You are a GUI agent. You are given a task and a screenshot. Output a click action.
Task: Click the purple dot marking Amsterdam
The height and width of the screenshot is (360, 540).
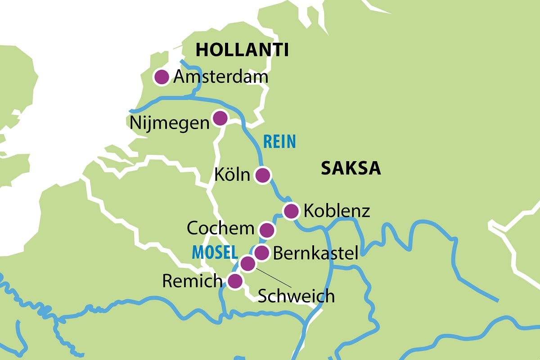coord(161,77)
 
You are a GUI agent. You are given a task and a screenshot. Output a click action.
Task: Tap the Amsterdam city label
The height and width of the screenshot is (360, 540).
coord(220,77)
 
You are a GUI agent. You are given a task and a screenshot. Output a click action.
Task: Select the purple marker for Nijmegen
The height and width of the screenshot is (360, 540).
coord(220,118)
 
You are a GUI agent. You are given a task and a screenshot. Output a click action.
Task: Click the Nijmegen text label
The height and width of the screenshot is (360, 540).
coord(170,123)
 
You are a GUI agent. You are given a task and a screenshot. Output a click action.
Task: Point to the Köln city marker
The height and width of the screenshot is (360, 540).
coord(262,175)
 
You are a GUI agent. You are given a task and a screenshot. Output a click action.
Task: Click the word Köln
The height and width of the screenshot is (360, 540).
coord(232,175)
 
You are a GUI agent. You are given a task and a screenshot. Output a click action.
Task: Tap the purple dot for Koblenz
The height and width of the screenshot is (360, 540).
coord(291,210)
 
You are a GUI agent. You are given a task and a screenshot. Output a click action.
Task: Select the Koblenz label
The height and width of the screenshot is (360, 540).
coord(337,211)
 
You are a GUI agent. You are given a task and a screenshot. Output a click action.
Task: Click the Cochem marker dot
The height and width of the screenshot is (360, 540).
coord(267,230)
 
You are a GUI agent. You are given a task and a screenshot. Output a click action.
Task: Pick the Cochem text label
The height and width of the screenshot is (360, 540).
coord(220,229)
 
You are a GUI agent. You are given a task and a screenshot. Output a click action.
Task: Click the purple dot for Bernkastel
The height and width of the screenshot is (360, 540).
coord(262,253)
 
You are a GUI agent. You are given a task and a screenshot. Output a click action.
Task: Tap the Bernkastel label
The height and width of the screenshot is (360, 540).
coord(315,253)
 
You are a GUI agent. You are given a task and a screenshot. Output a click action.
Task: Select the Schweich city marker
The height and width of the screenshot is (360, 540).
coord(247,264)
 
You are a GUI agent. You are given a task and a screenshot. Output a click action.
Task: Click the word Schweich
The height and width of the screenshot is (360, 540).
coord(296,296)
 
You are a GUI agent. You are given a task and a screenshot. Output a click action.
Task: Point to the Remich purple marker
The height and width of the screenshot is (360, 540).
coord(234,282)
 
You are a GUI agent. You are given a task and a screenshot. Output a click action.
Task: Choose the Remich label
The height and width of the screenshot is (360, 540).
coord(192,281)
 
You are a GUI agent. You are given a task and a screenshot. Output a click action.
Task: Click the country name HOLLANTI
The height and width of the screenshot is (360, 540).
coord(242,50)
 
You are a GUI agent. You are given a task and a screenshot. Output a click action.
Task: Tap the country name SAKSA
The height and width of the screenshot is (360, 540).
coord(351,169)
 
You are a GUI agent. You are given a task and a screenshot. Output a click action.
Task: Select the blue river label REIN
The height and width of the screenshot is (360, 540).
coord(279,142)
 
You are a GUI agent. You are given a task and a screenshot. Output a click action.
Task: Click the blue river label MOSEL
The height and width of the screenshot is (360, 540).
coord(215,252)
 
